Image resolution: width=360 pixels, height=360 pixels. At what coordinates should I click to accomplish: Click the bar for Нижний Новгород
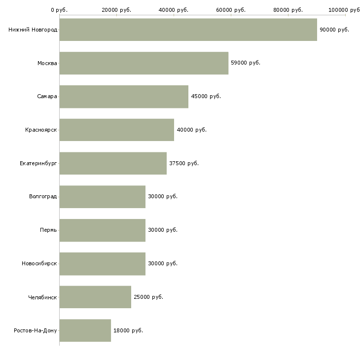[188, 30]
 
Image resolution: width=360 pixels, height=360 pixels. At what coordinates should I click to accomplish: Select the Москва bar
[144, 63]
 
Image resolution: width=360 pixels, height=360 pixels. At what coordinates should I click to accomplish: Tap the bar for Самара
[124, 97]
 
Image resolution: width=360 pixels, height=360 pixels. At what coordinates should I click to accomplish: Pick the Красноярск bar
[117, 130]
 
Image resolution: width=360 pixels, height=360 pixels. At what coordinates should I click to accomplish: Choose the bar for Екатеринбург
[113, 163]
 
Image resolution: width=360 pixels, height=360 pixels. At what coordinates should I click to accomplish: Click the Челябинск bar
[95, 297]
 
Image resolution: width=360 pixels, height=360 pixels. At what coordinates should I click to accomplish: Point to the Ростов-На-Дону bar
[85, 330]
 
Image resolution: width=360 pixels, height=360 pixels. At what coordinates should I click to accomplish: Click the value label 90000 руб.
[334, 30]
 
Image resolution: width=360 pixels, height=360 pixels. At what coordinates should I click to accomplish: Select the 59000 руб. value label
[246, 63]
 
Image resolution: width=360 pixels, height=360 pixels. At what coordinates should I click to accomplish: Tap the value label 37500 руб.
[184, 163]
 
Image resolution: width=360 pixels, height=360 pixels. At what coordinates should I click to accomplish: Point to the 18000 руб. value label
[128, 330]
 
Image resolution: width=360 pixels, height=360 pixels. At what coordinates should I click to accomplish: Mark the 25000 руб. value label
[148, 297]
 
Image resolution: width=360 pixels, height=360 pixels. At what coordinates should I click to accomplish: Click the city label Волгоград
[43, 197]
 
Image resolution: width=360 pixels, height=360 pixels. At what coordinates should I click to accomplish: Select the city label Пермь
[48, 230]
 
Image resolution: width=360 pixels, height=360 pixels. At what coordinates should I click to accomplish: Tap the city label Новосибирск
[39, 263]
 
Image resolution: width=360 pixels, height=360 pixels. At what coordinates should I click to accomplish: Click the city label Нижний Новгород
[33, 30]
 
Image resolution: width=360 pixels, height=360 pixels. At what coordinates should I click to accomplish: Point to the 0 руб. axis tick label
[59, 10]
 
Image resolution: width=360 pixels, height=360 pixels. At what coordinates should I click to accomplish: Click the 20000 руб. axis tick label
[116, 10]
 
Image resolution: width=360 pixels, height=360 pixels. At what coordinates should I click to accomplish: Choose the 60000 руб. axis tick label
[231, 10]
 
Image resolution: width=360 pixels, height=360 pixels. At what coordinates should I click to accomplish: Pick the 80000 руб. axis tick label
[288, 10]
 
